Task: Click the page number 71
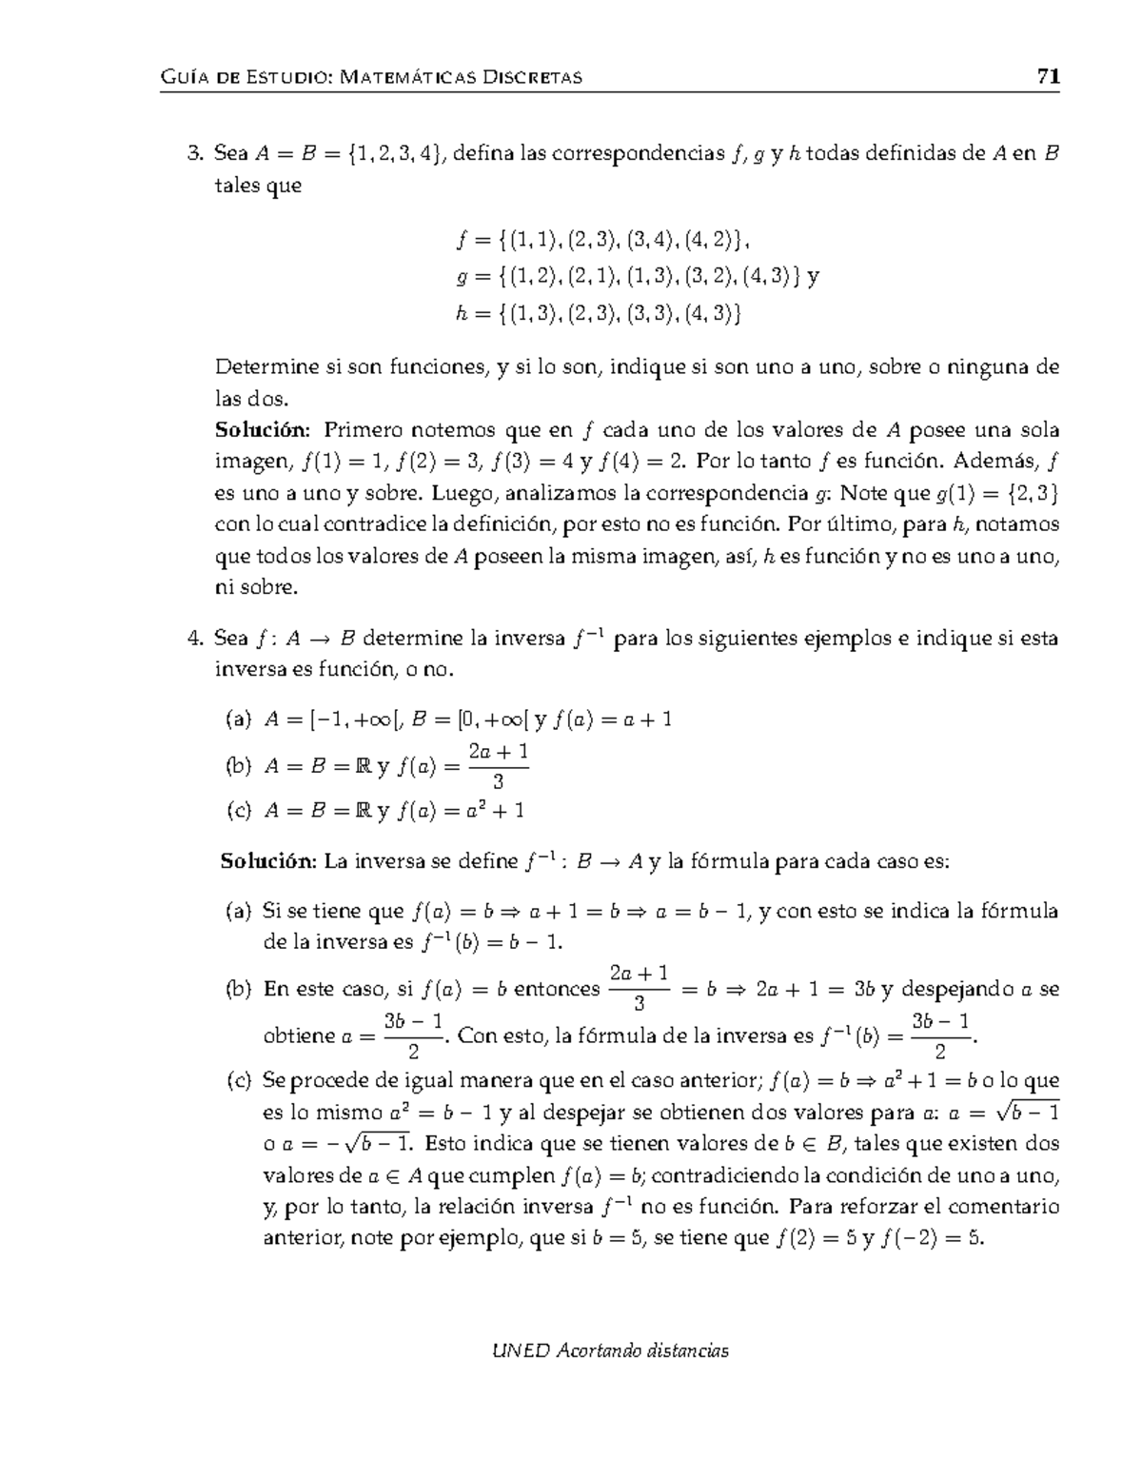(x=1048, y=77)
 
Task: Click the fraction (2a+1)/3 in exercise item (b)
(x=499, y=765)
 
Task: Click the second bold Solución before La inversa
(x=267, y=861)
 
